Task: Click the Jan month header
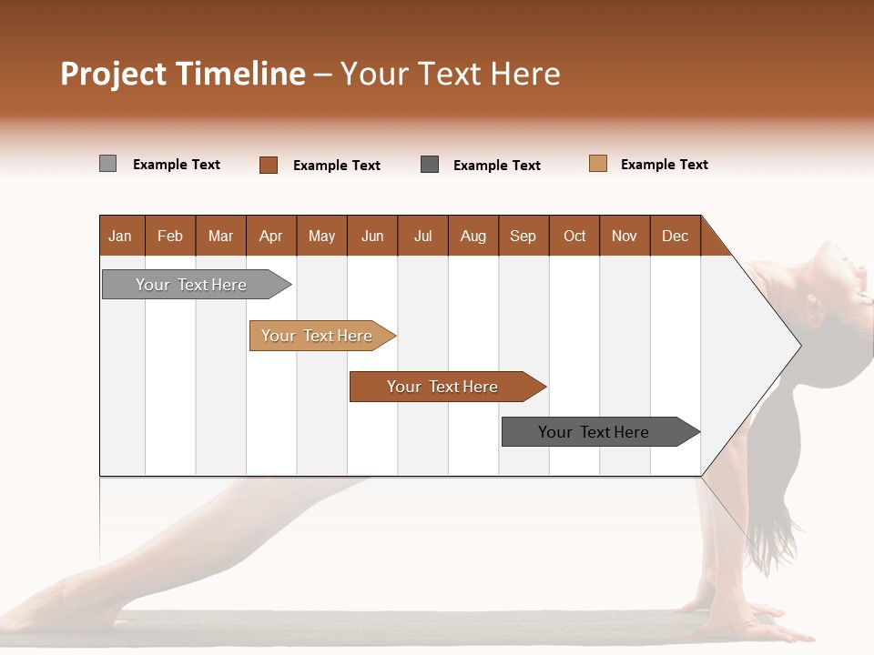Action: coord(120,237)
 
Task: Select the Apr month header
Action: coord(271,237)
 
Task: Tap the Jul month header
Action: coord(422,237)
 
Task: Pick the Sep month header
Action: coord(523,237)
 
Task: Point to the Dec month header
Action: coord(675,237)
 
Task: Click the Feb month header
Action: coord(170,237)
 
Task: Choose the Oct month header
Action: coord(574,237)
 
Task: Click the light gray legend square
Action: coord(108,164)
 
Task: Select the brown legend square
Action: coord(269,165)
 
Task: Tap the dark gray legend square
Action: coord(430,164)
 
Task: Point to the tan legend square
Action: coord(598,164)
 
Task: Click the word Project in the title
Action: coord(113,74)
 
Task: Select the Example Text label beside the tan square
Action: coord(664,165)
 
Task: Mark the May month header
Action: coord(321,237)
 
